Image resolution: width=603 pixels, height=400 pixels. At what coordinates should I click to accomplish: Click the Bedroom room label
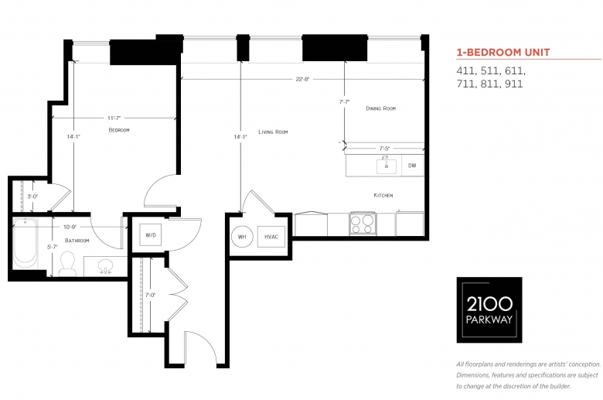click(119, 130)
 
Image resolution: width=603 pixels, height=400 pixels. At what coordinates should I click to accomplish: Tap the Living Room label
click(273, 132)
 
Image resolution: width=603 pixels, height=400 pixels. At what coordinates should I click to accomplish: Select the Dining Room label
click(380, 108)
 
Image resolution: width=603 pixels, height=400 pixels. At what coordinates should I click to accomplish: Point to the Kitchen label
click(383, 195)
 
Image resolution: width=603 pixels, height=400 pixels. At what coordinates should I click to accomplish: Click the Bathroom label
click(77, 240)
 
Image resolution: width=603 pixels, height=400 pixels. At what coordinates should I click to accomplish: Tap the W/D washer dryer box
click(151, 234)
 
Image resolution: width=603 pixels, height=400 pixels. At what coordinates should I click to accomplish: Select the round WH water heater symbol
click(242, 237)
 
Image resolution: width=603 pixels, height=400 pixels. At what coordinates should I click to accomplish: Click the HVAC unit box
click(271, 237)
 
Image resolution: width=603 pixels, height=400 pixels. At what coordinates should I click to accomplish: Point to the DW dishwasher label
click(412, 166)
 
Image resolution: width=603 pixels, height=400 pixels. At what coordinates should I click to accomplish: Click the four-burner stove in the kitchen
click(363, 224)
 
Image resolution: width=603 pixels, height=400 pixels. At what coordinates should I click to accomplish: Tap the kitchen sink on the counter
click(386, 166)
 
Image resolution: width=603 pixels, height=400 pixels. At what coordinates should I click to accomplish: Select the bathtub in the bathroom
click(26, 243)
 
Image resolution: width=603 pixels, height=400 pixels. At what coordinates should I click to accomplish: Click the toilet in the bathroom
click(68, 264)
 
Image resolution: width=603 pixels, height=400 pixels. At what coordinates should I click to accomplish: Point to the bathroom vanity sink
click(105, 266)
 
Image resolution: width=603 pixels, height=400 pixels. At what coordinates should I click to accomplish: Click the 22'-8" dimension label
click(302, 80)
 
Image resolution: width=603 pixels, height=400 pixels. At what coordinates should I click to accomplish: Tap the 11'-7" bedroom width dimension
click(114, 118)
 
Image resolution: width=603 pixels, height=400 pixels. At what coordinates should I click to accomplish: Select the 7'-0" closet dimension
click(151, 296)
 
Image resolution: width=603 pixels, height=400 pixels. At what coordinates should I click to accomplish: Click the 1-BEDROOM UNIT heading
click(503, 53)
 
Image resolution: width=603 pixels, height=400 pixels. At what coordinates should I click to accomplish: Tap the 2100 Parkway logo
click(489, 310)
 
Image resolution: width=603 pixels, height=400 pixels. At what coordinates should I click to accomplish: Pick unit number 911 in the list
click(513, 84)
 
